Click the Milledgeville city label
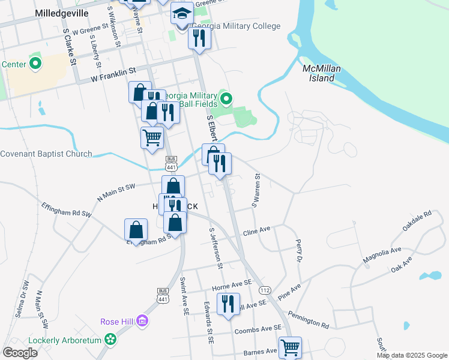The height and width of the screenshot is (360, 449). pyautogui.click(x=62, y=13)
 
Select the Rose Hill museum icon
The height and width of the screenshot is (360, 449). pyautogui.click(x=143, y=322)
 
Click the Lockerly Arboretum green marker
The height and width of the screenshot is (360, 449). pyautogui.click(x=110, y=340)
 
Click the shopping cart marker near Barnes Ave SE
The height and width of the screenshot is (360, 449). pyautogui.click(x=290, y=347)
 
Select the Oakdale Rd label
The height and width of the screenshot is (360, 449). pyautogui.click(x=417, y=220)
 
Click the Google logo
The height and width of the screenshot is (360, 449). pyautogui.click(x=20, y=353)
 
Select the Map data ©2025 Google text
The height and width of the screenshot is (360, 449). pyautogui.click(x=411, y=355)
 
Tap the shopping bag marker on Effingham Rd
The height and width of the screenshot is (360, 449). pyautogui.click(x=136, y=230)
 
